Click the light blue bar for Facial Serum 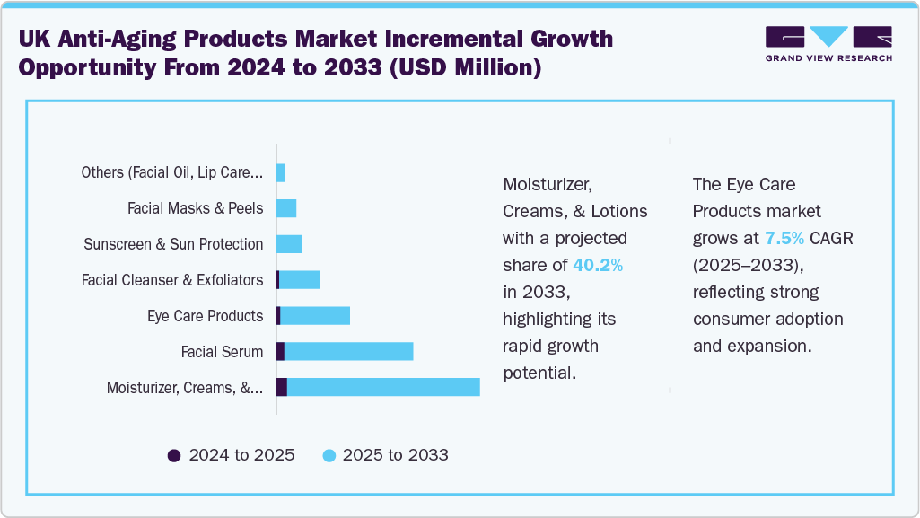tap(348, 351)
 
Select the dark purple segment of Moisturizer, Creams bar tap(281, 387)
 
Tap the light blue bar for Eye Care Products tap(315, 315)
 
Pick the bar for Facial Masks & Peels tap(285, 208)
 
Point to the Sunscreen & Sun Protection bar tap(288, 244)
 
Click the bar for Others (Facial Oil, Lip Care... tap(280, 172)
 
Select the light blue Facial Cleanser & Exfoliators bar tap(299, 280)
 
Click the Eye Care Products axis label tap(205, 316)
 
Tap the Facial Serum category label tap(222, 352)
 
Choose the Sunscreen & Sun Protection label tap(173, 244)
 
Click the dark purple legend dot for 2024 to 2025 tap(174, 455)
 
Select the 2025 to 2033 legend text tap(395, 455)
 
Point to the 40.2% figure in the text tap(598, 265)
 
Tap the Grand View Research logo tap(828, 43)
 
